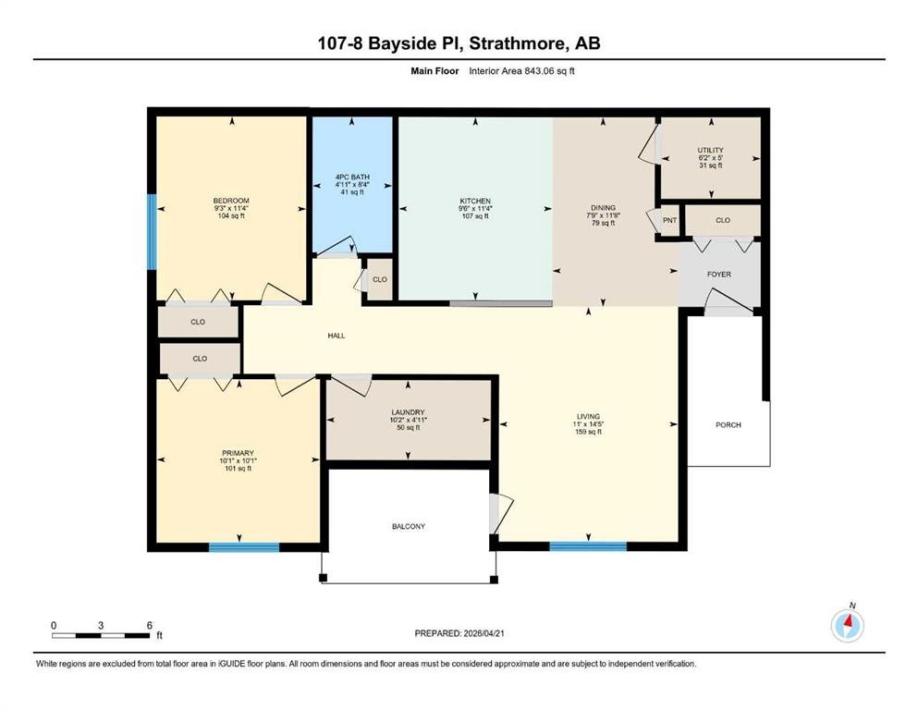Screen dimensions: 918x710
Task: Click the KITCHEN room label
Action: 475,201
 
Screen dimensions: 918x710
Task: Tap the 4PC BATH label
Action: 352,177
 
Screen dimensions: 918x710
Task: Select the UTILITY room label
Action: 710,151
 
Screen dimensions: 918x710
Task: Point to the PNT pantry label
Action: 669,221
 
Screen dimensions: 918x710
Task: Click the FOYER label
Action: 719,274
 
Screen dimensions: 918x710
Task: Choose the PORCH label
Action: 728,425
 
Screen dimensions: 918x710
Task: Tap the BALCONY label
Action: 409,526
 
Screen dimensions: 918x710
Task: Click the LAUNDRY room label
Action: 408,412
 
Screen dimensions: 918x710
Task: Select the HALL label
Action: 337,336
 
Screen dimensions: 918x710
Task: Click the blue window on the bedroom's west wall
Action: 152,232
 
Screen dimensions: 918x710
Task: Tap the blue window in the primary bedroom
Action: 244,547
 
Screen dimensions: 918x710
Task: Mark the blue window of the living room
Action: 588,546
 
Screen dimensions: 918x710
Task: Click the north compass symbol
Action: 847,625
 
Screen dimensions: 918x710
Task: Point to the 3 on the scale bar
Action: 101,625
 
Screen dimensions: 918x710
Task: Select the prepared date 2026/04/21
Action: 483,633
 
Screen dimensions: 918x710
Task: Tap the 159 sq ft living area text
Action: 588,432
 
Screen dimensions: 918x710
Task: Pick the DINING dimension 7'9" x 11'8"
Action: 603,214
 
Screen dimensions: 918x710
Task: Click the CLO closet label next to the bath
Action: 380,279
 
